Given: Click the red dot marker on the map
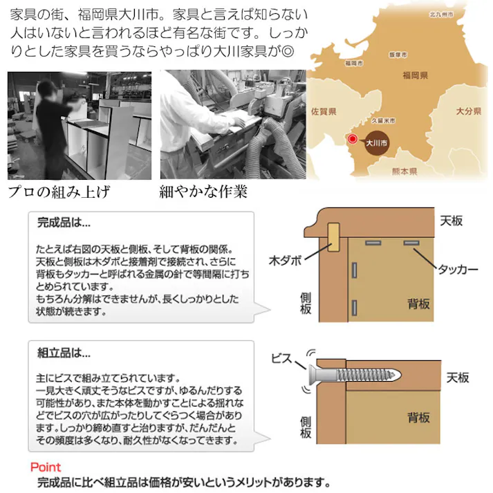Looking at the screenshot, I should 353,139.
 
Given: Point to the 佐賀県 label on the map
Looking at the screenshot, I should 324,111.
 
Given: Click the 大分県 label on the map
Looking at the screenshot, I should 468,111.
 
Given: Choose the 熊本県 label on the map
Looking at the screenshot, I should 403,170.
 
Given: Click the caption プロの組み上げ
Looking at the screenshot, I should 59,191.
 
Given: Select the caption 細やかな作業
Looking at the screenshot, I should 203,191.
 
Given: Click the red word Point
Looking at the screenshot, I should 46,467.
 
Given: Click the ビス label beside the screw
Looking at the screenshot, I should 283,358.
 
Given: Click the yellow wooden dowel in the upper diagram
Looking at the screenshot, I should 334,236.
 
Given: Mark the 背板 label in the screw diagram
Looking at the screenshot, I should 418,418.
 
